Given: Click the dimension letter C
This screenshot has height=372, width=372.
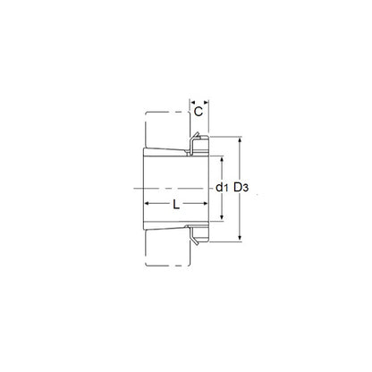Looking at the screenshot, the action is coord(199,112).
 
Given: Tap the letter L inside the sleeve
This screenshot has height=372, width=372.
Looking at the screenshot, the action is coord(176,205).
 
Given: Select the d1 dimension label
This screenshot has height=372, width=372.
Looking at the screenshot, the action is coord(222,188).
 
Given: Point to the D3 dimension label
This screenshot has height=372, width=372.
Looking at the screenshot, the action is coord(241,188).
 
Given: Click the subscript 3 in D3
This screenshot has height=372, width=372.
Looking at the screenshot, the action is coord(245,189).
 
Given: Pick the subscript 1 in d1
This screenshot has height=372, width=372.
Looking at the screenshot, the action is coord(226,188).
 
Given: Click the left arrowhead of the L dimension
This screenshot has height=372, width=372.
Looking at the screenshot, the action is coord(148,204).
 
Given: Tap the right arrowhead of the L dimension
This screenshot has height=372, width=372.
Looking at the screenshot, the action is coord(205,204).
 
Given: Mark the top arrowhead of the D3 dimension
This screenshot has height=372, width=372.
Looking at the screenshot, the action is coord(240,139).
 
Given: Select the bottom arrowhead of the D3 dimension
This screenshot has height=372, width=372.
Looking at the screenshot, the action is coord(240,239).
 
